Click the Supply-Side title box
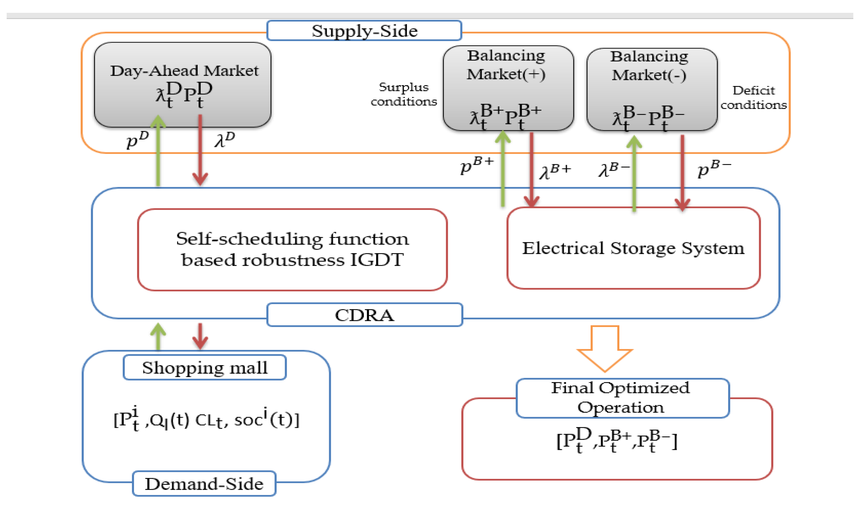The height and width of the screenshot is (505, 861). [x=364, y=31]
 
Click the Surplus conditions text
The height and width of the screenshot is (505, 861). [x=404, y=94]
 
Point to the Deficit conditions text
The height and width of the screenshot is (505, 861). [x=753, y=98]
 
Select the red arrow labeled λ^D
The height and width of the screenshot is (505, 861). [x=200, y=150]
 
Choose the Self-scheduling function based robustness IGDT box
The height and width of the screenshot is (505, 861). [x=292, y=250]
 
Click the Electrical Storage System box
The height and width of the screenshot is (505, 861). [x=633, y=248]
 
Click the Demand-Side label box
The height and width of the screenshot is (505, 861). [x=204, y=484]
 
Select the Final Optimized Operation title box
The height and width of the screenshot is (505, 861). [x=622, y=398]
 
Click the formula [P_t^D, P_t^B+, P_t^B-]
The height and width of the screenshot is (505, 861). [x=617, y=441]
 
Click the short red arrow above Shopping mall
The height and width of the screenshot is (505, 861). [x=200, y=336]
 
